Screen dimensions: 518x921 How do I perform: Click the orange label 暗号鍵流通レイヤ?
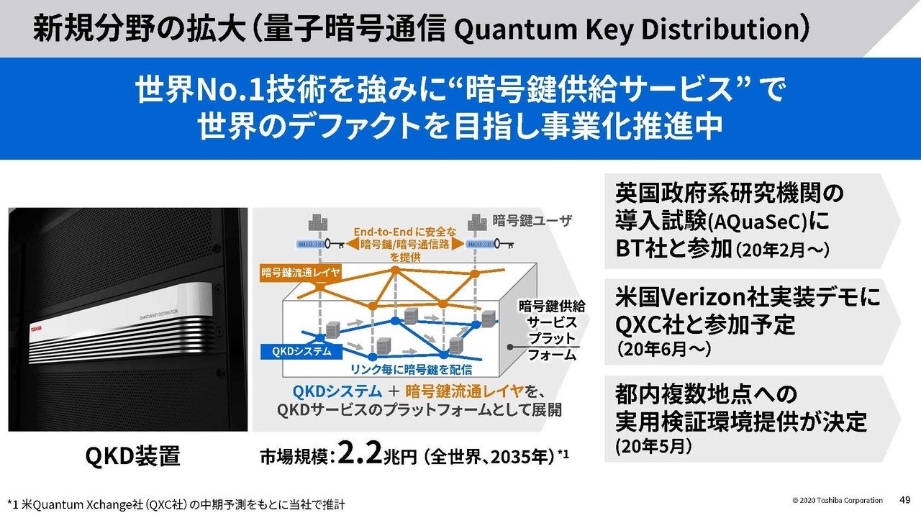(301, 273)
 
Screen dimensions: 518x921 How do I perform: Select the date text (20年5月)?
(653, 447)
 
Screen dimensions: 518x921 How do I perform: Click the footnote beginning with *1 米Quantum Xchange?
(180, 501)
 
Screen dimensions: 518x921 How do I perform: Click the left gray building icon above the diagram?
(314, 224)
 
